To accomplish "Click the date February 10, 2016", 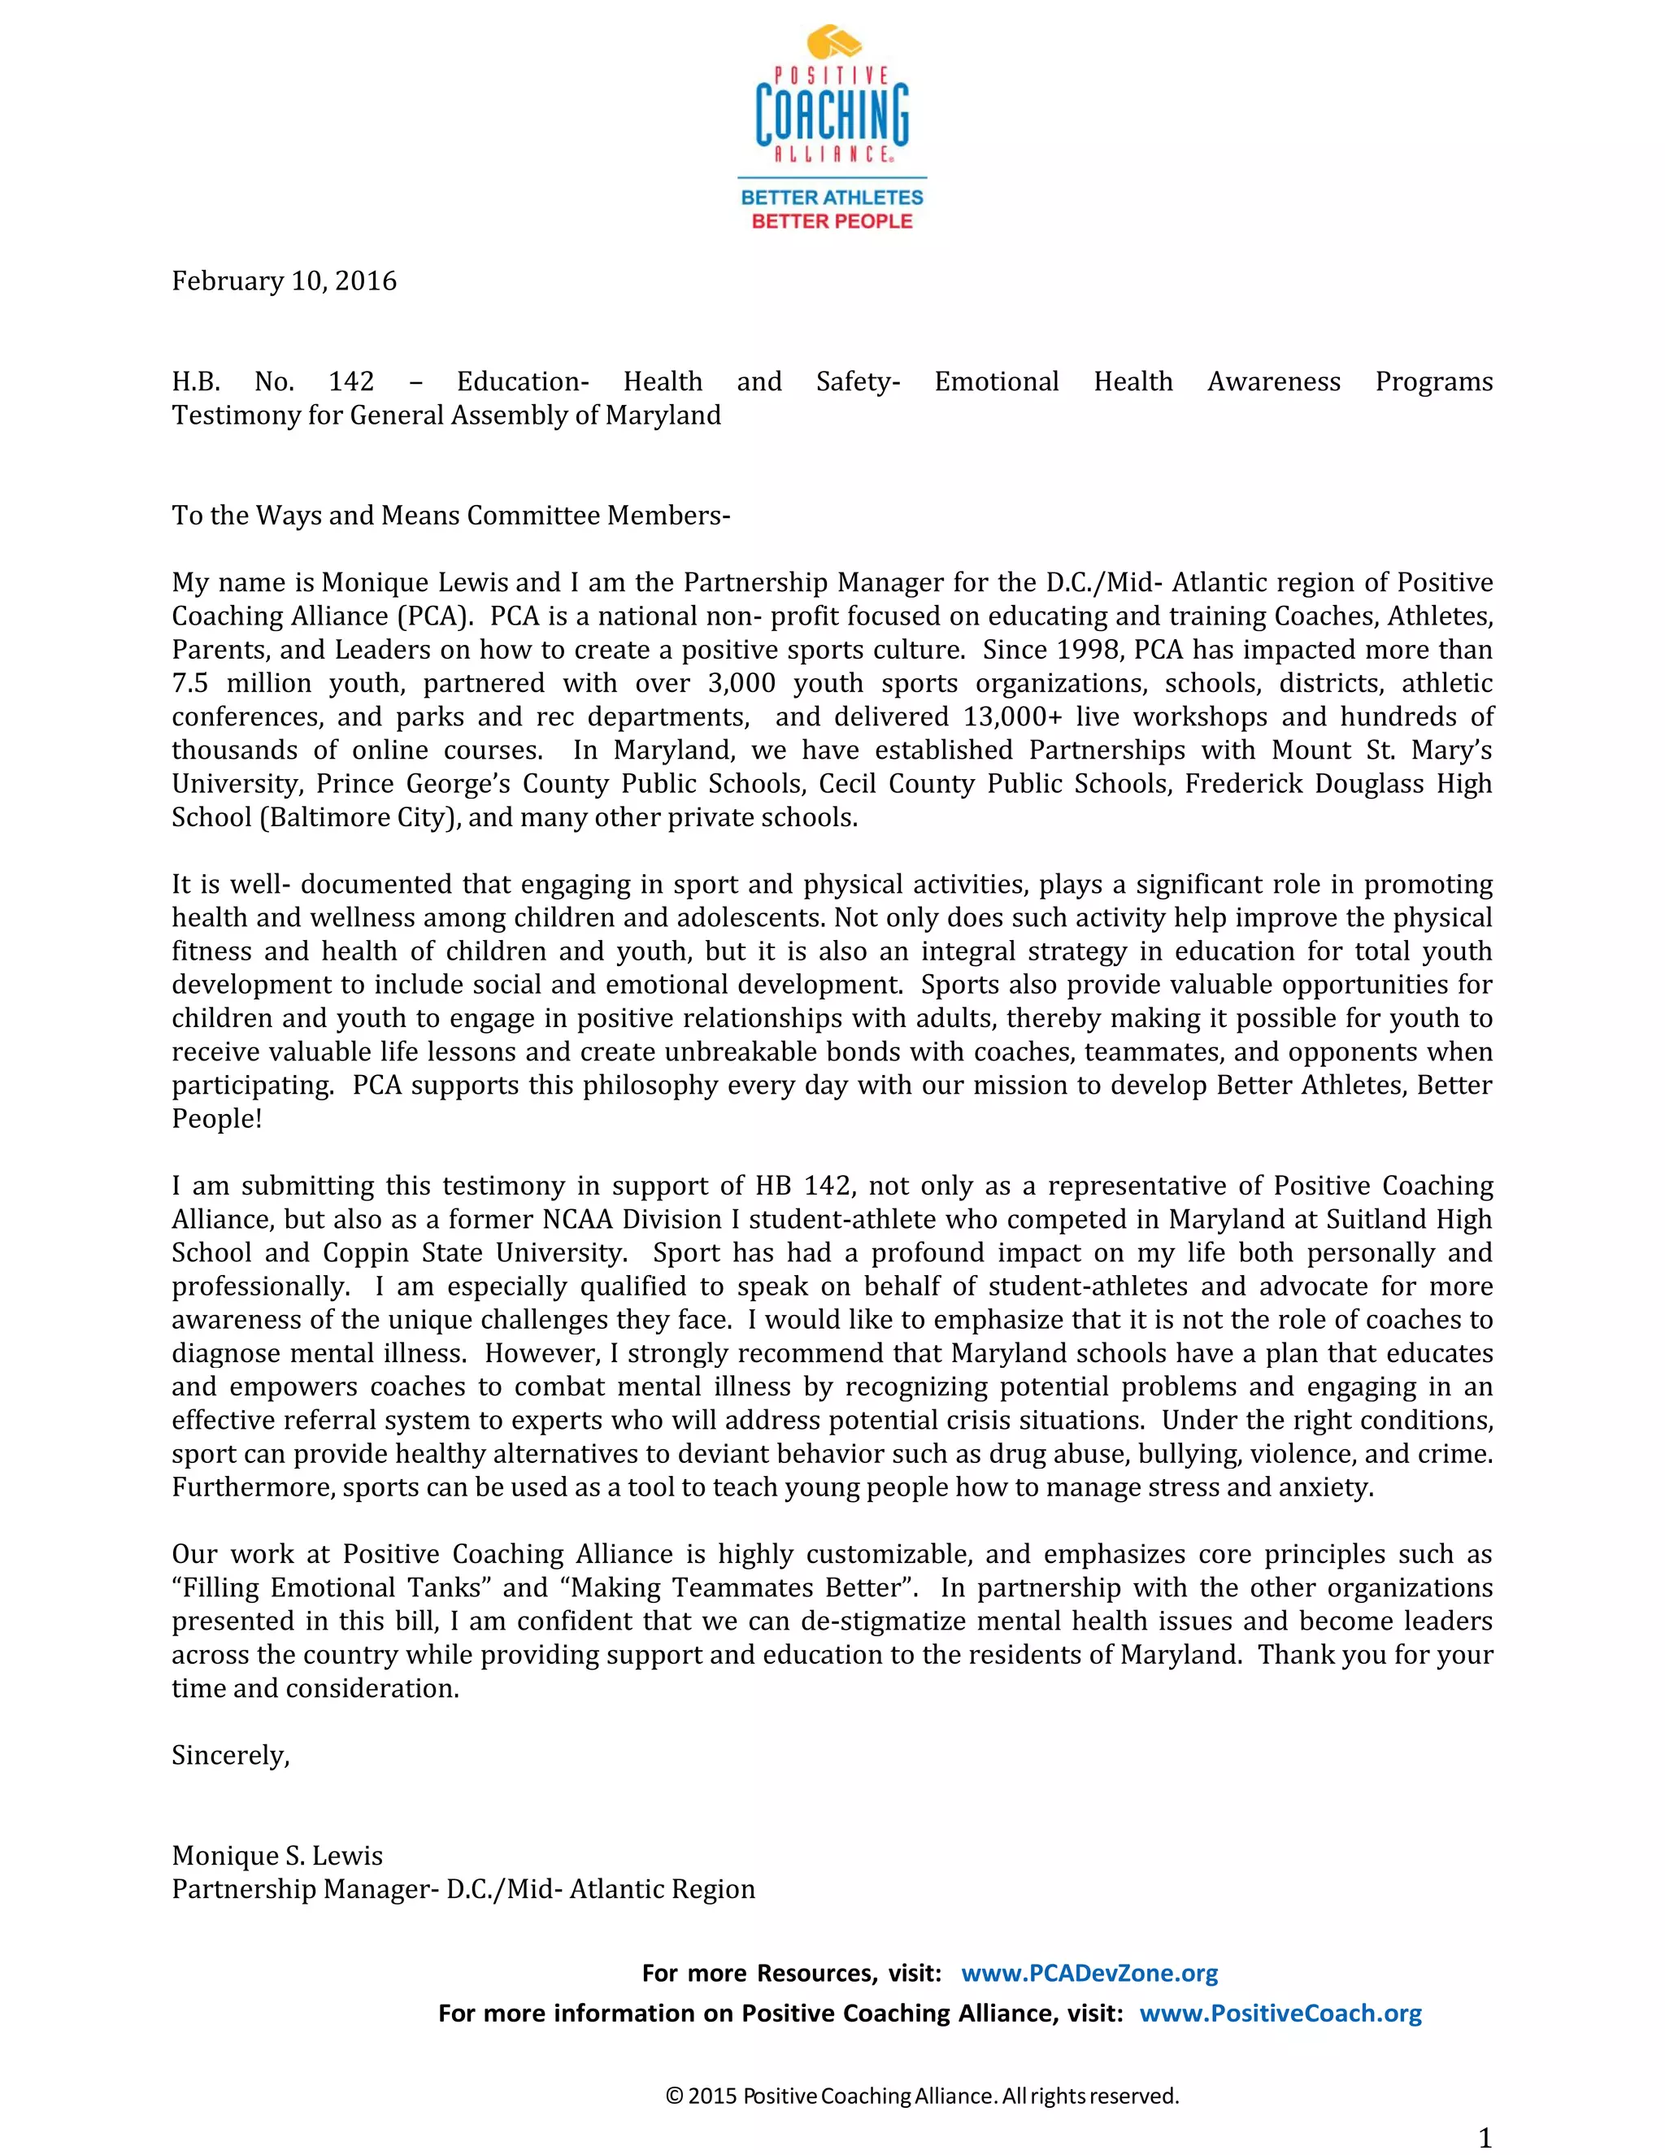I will click(284, 281).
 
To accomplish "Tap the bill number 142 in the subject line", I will click(351, 382).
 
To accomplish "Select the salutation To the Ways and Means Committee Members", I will click(450, 516).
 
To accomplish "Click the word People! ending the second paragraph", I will click(217, 1119).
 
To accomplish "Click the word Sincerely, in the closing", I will click(231, 1756).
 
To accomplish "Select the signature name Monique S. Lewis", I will click(277, 1856).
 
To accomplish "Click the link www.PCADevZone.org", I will click(1089, 1974).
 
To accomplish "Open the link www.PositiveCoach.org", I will click(1280, 2014).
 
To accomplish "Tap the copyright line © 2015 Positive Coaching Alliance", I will click(922, 2096).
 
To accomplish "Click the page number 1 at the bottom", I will click(1485, 2138).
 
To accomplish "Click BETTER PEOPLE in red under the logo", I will click(832, 221).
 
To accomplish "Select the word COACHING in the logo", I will click(832, 114).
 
